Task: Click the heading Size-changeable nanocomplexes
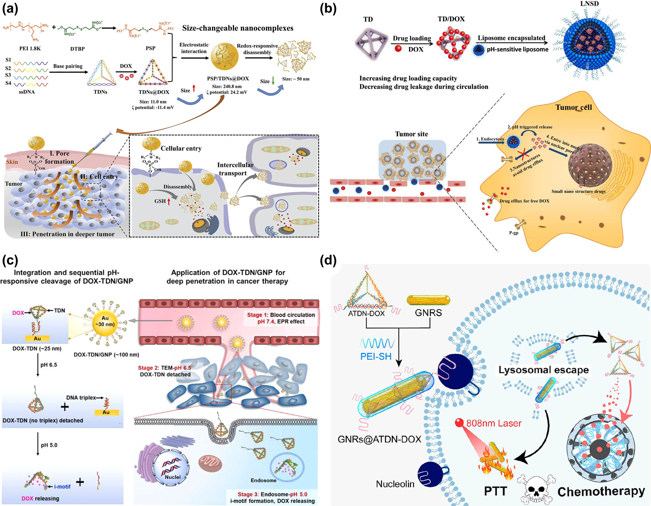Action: (238, 28)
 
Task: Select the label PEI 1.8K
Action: (30, 48)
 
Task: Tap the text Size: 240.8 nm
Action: (227, 87)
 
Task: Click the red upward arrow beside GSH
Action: (169, 201)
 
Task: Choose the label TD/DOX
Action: (451, 19)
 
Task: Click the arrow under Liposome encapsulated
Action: (512, 43)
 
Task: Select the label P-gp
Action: (514, 233)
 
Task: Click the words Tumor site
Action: (411, 134)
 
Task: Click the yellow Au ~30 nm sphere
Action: (105, 322)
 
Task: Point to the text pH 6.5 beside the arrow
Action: (49, 365)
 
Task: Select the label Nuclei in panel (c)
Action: (173, 477)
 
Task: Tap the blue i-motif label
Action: (62, 486)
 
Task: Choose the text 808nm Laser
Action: (493, 423)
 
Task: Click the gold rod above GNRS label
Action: (428, 300)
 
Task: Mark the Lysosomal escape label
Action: (544, 370)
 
